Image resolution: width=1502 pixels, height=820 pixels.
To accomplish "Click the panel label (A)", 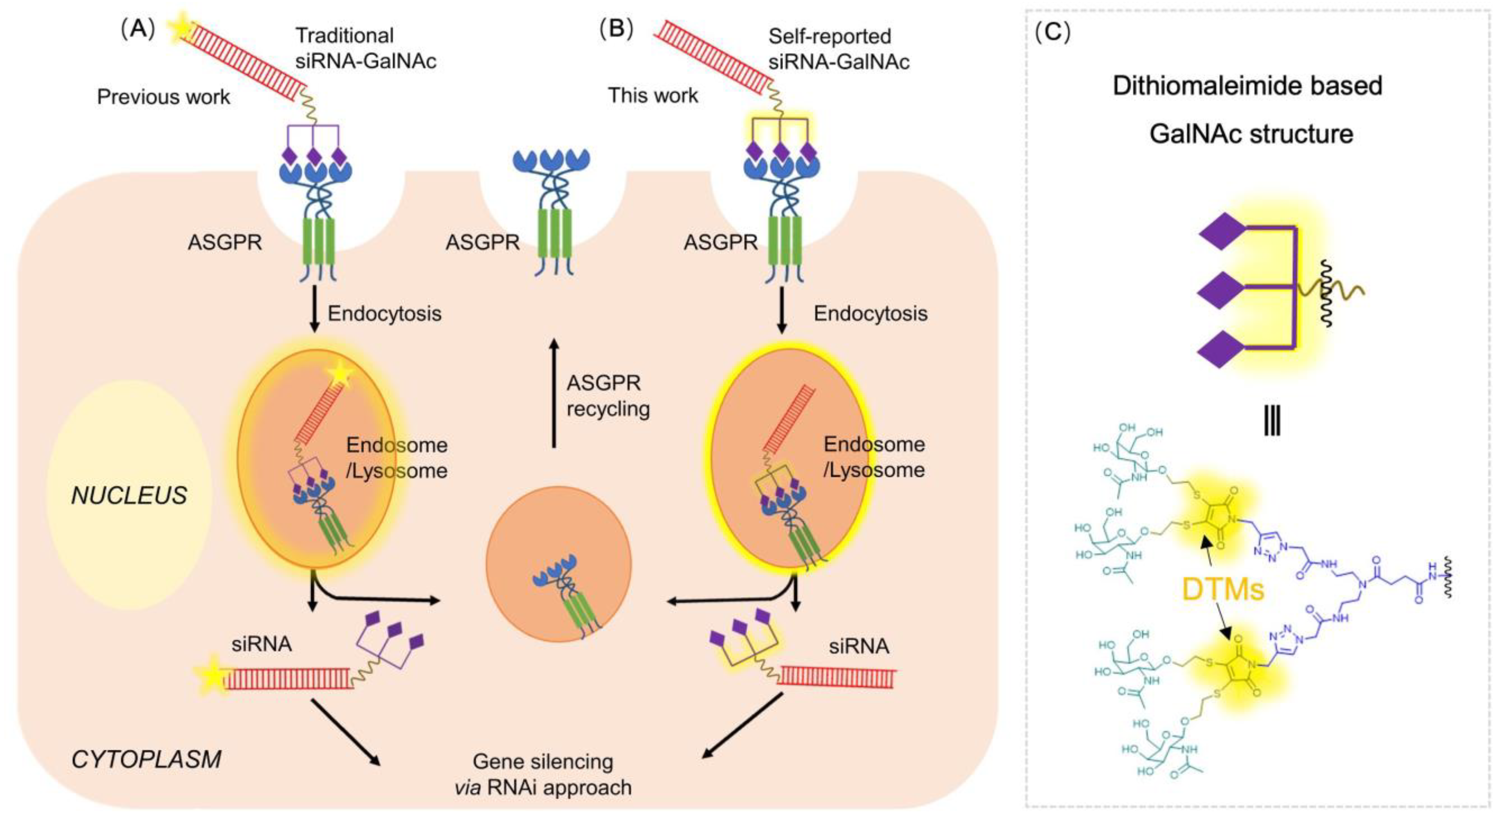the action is pos(138,28).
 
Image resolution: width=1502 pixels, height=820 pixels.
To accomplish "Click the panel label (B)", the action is pos(616,28).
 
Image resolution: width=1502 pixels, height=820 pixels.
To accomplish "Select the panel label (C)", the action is pos(1052,33).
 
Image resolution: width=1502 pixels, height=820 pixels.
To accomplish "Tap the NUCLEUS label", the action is pos(129,495).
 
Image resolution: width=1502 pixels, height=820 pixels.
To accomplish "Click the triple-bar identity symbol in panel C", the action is pos(1272,421).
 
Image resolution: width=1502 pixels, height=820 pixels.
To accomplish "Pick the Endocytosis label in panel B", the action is pos(871,314).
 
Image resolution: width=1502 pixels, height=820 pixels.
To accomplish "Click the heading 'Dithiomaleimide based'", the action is pos(1248,86).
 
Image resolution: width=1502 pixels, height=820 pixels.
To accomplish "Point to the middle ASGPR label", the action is pos(483,242).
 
